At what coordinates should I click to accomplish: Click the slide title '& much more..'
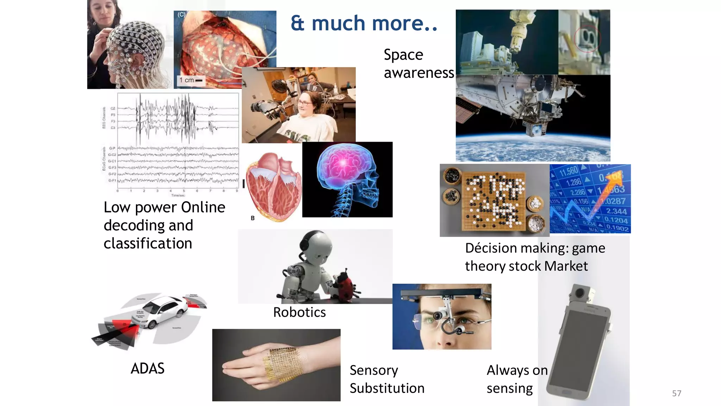pos(364,23)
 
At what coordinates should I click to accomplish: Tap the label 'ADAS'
pos(148,369)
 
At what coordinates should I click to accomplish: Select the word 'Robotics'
pos(299,312)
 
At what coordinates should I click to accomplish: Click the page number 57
pos(676,393)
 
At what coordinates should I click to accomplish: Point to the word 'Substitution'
pos(387,388)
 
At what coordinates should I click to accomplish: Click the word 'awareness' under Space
pos(419,73)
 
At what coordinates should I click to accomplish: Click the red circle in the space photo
pos(587,39)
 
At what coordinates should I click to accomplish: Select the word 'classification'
pos(148,244)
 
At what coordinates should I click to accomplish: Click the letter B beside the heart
pos(252,218)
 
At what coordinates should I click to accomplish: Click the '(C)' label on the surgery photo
pos(181,14)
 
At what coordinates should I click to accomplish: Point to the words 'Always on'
pos(517,370)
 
